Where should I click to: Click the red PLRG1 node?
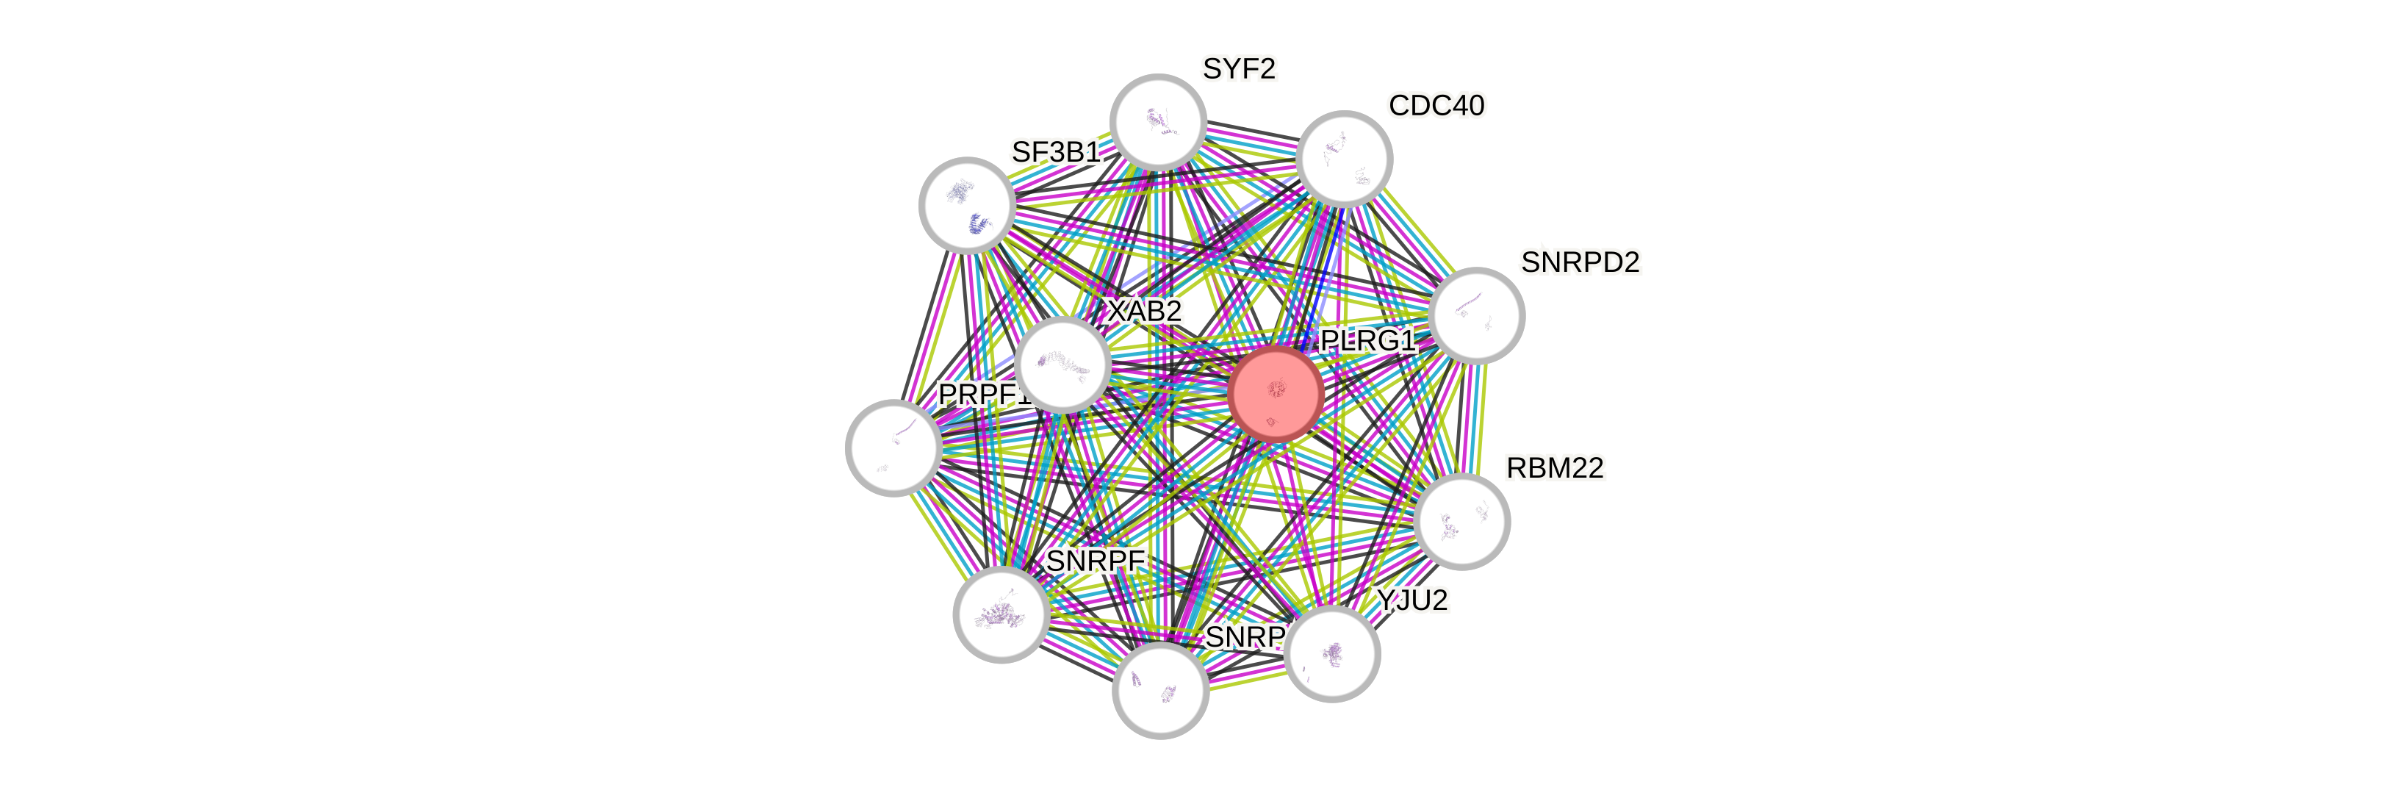[1276, 393]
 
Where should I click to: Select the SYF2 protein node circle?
[1158, 121]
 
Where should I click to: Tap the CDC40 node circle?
[1344, 159]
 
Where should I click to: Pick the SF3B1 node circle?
[967, 205]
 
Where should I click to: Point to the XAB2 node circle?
[1062, 364]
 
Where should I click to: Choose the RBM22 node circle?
[1463, 521]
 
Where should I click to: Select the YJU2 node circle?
[1333, 653]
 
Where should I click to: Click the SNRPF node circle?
[1001, 614]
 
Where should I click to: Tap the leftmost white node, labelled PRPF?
[893, 448]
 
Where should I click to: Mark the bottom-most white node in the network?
[1159, 691]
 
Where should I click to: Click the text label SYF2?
[1240, 68]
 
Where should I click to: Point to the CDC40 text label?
[1437, 106]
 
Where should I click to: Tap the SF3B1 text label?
[1056, 152]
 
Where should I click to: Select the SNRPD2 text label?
[1580, 262]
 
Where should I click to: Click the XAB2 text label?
[1145, 312]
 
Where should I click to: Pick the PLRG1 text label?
[1368, 341]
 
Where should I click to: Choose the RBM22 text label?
[1555, 468]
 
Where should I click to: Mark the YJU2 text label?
[1411, 601]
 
